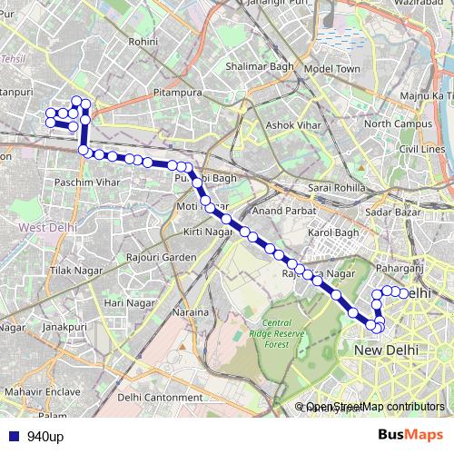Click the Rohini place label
point(143,42)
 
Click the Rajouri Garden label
point(162,258)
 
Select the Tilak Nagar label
point(73,271)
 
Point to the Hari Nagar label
point(126,302)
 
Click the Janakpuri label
point(64,326)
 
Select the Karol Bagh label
point(335,233)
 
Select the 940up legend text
point(44,437)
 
